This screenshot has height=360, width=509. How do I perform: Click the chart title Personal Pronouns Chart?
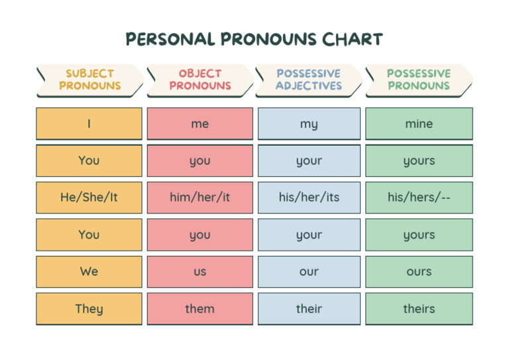coord(254,39)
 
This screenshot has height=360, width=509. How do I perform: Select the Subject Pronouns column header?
coord(89,80)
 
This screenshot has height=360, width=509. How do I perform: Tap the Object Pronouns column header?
coord(199,80)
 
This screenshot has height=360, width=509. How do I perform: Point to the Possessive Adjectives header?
coord(309,80)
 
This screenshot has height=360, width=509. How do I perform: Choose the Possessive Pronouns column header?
coord(419,80)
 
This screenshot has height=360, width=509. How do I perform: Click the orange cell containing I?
coord(89,124)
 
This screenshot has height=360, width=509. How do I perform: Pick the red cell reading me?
coord(199,124)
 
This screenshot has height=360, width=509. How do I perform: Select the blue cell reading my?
coord(309,124)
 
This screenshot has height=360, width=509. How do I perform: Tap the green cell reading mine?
coord(419,124)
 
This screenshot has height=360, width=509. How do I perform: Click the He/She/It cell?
coord(89,198)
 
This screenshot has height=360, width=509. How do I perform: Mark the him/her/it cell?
coord(199,198)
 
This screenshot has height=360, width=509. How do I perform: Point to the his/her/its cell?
coord(309,198)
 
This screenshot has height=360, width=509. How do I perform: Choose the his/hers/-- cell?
coord(419,198)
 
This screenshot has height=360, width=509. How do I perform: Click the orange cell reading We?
coord(89,272)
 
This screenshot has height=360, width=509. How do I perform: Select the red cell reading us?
coord(199,272)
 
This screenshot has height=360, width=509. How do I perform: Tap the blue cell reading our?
coord(309,272)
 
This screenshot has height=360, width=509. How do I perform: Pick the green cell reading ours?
coord(419,272)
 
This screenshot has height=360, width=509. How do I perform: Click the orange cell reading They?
coord(89,309)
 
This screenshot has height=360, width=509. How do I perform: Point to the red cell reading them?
coord(199,309)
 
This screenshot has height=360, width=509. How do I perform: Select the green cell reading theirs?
coord(419,309)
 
